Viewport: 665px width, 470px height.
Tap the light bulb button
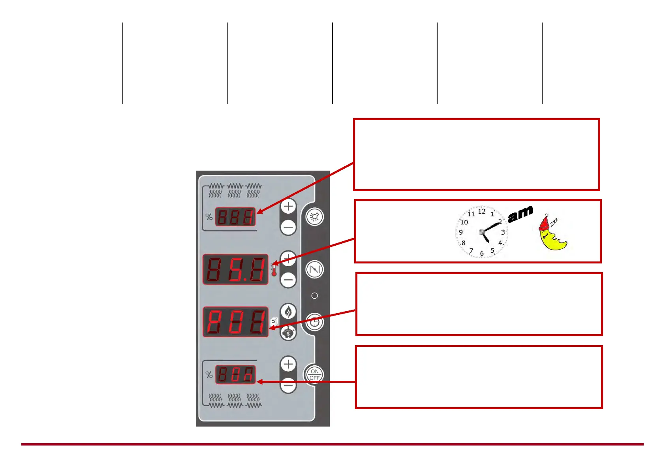point(315,217)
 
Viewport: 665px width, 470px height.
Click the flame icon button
point(288,312)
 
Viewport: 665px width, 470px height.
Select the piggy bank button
point(288,333)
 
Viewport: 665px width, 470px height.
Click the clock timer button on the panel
point(315,322)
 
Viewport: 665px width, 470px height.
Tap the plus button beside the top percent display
point(288,206)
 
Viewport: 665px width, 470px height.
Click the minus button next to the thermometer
point(288,280)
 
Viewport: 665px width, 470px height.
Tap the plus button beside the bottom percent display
point(288,364)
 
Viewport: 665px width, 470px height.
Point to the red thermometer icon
point(274,270)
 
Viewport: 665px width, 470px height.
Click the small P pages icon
point(274,322)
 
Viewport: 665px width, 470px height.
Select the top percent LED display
point(235,217)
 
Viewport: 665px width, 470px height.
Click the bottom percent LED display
point(235,374)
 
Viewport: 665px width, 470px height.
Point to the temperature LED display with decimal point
point(235,269)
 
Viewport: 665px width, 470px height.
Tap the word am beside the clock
point(520,214)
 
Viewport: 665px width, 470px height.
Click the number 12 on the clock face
point(482,211)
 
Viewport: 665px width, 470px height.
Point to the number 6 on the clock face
point(482,253)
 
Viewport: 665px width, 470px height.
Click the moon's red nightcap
point(544,223)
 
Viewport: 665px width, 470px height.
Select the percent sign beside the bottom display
point(209,374)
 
